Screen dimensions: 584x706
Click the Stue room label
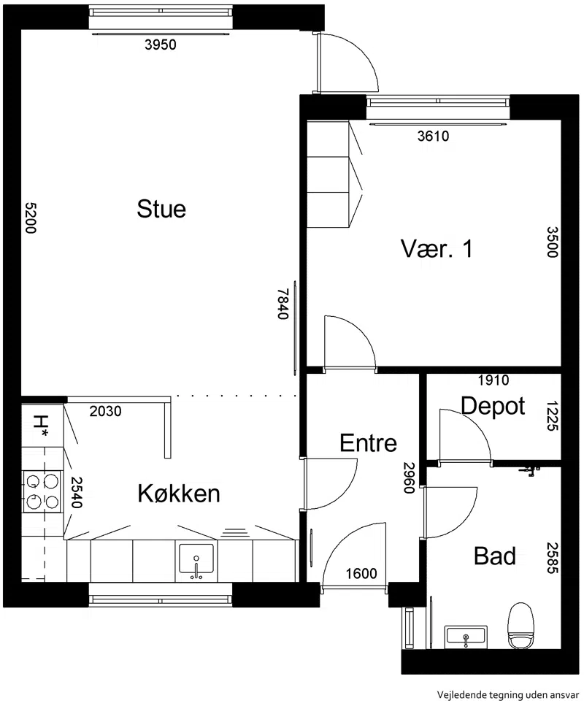161,209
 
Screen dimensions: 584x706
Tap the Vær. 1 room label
437,248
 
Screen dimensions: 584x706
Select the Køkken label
179,494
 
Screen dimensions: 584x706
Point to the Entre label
369,443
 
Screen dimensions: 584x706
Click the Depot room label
493,407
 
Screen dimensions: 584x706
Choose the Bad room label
495,556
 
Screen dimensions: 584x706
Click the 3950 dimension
161,45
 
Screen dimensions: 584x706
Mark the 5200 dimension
30,218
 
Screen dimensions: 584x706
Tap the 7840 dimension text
283,304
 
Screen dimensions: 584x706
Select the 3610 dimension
433,136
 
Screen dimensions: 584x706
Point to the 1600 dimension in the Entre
361,573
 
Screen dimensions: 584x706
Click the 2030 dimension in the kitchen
105,411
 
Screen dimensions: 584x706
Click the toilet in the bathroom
520,626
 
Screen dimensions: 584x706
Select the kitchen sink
196,561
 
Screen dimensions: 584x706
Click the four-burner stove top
42,491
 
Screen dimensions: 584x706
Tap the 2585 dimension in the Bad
553,558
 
